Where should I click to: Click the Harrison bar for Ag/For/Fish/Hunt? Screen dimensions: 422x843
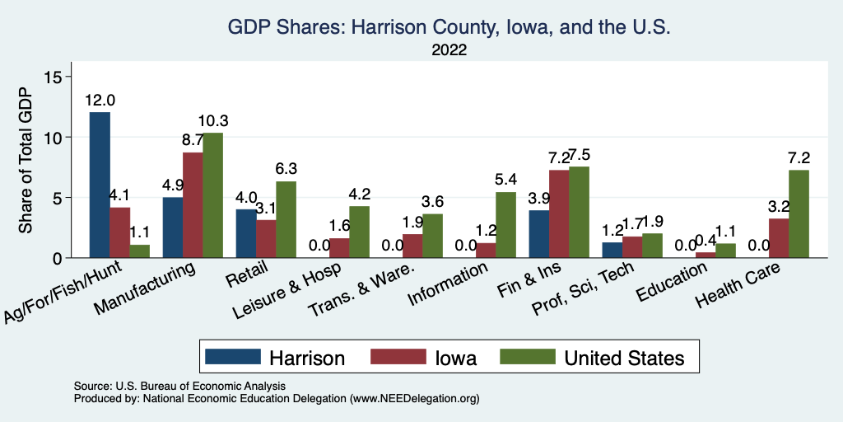100,185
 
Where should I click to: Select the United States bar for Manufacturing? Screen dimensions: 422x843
212,195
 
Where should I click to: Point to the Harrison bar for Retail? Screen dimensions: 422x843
245,233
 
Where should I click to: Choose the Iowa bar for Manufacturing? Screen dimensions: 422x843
193,205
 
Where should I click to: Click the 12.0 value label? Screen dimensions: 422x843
100,101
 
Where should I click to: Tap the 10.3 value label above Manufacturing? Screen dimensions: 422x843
213,121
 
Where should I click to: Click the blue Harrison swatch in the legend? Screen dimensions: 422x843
231,357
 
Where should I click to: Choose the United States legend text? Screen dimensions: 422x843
624,357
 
